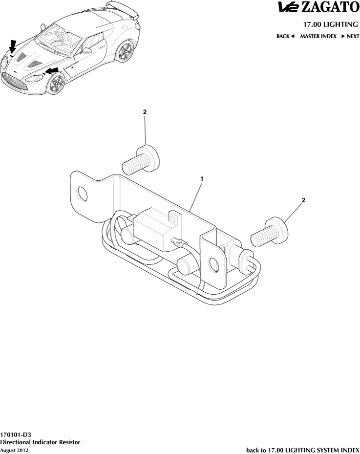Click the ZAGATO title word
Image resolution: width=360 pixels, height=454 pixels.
(x=330, y=7)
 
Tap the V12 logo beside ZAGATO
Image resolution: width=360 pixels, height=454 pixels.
(x=289, y=7)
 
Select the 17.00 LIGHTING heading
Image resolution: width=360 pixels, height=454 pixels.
(x=331, y=24)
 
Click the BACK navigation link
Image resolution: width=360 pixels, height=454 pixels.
(x=285, y=36)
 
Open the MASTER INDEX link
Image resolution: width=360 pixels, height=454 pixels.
(x=318, y=36)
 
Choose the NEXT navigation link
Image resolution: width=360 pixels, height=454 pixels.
(x=350, y=36)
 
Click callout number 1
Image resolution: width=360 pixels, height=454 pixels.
(x=202, y=179)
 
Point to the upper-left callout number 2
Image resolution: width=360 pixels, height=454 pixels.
(x=145, y=112)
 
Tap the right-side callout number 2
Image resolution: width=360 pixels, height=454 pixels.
(x=303, y=200)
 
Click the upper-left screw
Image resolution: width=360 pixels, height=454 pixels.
(x=141, y=160)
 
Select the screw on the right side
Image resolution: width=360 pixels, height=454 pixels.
(x=270, y=232)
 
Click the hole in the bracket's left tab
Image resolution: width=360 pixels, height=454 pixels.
(x=83, y=194)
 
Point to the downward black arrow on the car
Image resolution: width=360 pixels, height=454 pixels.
(x=12, y=46)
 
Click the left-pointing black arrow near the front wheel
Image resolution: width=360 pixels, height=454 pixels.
(x=52, y=70)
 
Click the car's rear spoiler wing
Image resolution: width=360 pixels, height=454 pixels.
(x=123, y=9)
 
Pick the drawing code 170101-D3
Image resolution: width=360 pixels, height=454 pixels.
(x=15, y=434)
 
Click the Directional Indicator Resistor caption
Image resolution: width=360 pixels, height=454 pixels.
(x=40, y=442)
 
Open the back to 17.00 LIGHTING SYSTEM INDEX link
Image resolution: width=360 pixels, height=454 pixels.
(x=303, y=450)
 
